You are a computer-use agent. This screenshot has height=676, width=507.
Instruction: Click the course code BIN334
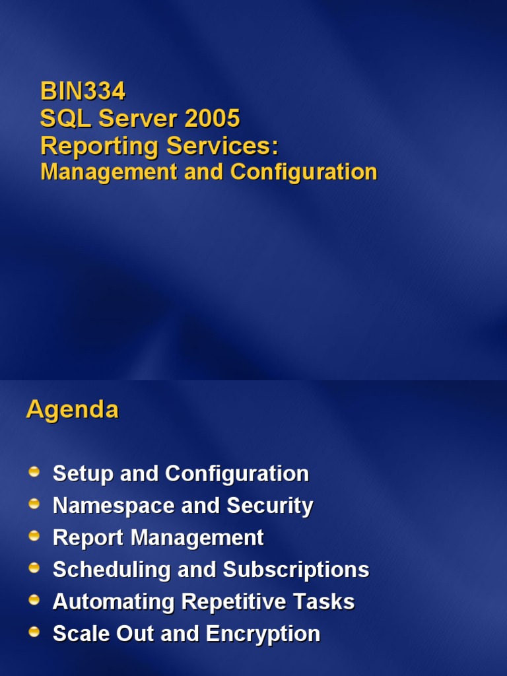pos(83,90)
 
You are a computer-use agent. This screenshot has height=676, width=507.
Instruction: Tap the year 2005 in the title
pos(213,119)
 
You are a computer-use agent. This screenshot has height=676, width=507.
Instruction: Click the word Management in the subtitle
pos(109,172)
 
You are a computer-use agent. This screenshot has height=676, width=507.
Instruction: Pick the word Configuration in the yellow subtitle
pos(304,172)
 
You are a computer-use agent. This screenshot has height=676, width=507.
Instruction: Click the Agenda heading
pos(73,410)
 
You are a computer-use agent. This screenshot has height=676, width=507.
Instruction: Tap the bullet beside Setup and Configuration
pos(34,472)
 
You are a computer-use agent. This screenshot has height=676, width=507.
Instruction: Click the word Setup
pos(83,473)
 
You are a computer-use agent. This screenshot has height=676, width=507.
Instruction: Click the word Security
pos(270,506)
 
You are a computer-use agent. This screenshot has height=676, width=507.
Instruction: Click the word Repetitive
pos(234,602)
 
